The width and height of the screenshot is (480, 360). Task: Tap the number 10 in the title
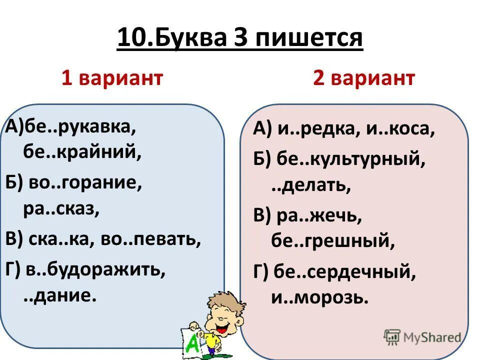click(x=131, y=38)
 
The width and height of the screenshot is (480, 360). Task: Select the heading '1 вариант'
click(x=112, y=78)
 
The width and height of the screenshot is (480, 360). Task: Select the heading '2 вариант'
click(x=364, y=78)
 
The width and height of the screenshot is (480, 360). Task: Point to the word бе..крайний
click(x=82, y=152)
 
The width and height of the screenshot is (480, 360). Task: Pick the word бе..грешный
click(x=333, y=242)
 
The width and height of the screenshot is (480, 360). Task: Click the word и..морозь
click(x=320, y=298)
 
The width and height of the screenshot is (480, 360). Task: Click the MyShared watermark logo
click(x=423, y=336)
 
